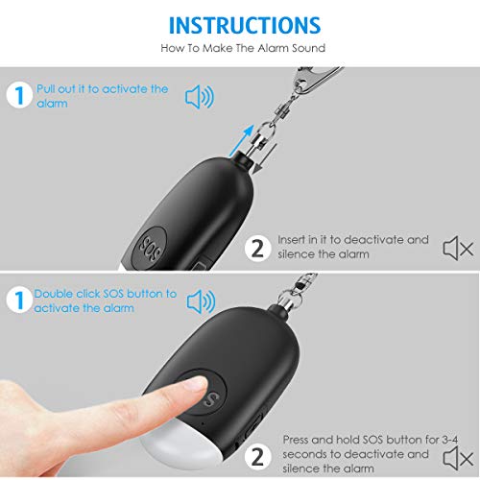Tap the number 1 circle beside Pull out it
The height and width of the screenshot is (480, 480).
(18, 96)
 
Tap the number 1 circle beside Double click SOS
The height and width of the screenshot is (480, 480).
(18, 300)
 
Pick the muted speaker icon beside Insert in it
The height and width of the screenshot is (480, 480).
(457, 250)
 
